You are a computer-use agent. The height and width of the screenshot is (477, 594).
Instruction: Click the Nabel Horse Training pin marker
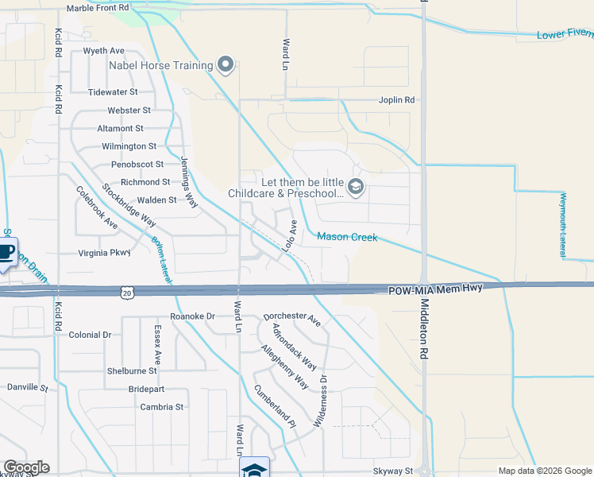click(226, 65)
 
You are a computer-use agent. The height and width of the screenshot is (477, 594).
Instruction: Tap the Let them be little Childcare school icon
click(355, 188)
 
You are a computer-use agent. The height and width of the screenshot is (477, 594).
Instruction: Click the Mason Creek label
click(347, 237)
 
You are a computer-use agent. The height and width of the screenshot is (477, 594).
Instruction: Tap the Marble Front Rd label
click(98, 8)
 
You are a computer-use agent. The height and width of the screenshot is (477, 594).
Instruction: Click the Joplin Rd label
click(397, 100)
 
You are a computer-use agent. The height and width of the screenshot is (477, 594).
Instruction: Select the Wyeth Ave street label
click(104, 51)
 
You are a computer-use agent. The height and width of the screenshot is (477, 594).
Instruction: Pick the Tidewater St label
click(113, 92)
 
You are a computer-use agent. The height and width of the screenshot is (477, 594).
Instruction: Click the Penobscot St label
click(137, 165)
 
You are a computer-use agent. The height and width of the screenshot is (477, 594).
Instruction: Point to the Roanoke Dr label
click(193, 316)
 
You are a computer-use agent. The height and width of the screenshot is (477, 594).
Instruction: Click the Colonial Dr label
click(91, 335)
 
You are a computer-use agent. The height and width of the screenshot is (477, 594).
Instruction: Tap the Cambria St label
click(162, 407)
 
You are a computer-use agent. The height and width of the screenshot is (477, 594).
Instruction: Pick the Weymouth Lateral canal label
click(563, 224)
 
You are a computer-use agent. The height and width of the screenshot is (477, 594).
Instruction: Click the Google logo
click(26, 467)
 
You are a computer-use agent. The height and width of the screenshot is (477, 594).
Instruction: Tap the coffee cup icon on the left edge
click(6, 253)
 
